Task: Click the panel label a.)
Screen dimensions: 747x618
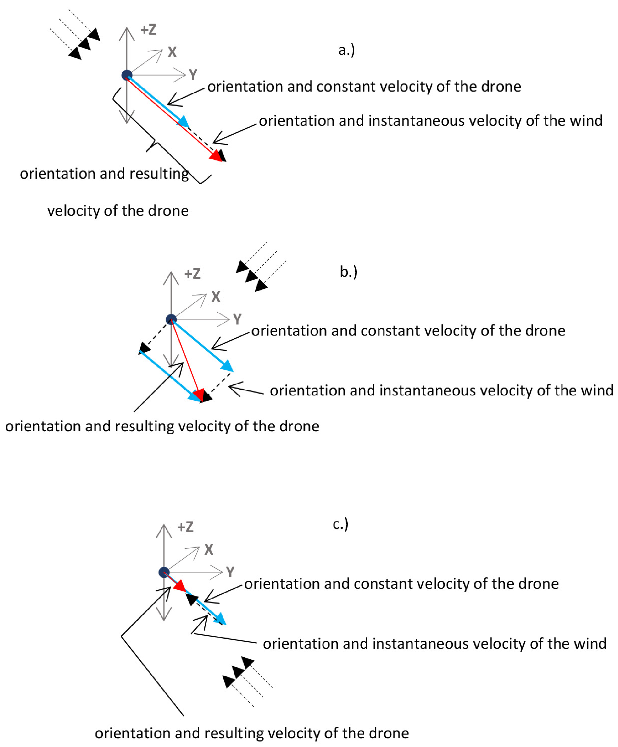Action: tap(346, 50)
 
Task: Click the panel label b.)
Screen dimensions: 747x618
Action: tap(348, 272)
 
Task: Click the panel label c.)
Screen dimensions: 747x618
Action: tap(340, 524)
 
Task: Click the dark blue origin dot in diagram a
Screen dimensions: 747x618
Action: tap(127, 75)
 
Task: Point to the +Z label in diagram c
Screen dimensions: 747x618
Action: tap(185, 527)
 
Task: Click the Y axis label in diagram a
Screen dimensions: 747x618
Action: tap(193, 75)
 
